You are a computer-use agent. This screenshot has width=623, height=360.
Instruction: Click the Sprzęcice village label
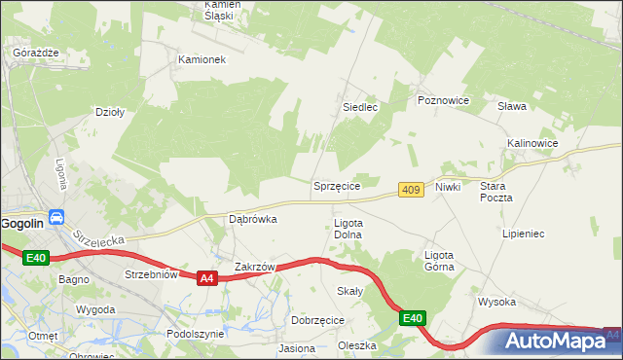tap(337, 186)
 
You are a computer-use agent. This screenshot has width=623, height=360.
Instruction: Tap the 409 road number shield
tap(411, 190)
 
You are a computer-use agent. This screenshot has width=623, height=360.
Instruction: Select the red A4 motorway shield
tap(205, 278)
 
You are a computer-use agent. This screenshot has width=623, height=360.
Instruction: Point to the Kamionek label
tap(202, 59)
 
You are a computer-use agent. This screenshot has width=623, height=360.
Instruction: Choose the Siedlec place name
tap(359, 107)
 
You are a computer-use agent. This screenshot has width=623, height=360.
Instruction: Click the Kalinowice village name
tap(531, 143)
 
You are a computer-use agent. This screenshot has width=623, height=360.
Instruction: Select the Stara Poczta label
tap(495, 191)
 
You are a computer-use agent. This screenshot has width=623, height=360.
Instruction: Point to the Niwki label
tap(448, 186)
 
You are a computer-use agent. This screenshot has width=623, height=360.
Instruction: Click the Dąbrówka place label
tap(252, 219)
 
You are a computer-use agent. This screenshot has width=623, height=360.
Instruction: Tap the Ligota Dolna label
tap(348, 229)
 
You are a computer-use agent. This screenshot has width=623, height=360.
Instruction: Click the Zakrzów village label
tap(256, 267)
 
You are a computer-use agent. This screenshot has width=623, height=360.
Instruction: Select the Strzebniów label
tap(151, 274)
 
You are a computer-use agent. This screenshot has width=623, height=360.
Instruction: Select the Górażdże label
tap(36, 52)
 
